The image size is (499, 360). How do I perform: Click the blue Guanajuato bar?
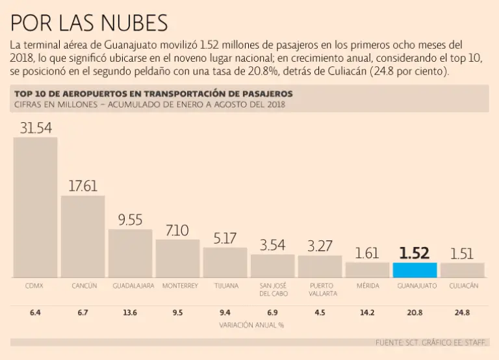pos(414,270)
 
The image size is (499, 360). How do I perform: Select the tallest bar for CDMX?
pos(35,207)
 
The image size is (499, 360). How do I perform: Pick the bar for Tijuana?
pos(225,263)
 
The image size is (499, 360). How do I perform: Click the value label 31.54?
pos(35,128)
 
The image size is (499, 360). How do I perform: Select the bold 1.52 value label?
pos(414,253)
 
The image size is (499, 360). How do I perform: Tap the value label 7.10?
pos(177,231)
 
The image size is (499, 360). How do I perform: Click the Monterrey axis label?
pos(177,286)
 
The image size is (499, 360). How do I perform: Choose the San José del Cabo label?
pos(272,290)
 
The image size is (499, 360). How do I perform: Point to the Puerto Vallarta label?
pos(320,290)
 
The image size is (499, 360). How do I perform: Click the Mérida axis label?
pos(368,286)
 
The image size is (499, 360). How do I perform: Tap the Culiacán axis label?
pos(463,286)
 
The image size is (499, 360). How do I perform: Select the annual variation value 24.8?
pos(463,313)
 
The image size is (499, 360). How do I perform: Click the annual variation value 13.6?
pos(130,313)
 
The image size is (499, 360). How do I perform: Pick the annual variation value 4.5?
pos(320,313)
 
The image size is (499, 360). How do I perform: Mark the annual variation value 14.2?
pos(368,313)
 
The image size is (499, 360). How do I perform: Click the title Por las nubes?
pos(89,23)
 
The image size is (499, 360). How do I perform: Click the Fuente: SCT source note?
pos(431,342)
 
